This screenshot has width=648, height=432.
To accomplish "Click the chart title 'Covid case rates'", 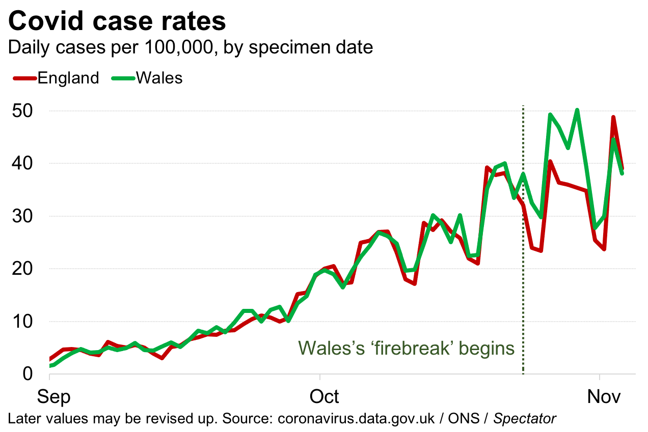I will (117, 21).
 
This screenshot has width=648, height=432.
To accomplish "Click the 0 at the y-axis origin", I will (28, 374).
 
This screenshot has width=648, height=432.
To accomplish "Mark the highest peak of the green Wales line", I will (577, 110).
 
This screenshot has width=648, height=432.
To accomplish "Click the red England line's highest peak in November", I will (613, 118).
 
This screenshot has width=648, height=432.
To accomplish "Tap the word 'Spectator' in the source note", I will (525, 419).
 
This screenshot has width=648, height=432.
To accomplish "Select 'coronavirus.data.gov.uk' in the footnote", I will (356, 419).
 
